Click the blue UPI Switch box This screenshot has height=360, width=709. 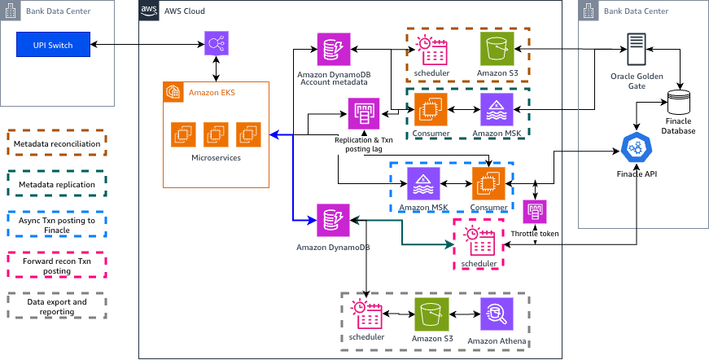coord(53,45)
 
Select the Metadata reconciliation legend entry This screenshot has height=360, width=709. coord(57,143)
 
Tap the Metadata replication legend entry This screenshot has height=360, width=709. coord(57,185)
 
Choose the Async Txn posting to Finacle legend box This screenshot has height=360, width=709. coord(57,225)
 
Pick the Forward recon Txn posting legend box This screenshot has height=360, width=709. coord(57,266)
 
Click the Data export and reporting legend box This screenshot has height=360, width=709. coord(57,306)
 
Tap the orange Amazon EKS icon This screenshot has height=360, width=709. coord(173,92)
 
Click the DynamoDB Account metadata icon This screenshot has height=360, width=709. coord(333,49)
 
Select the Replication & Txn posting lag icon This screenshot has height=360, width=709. coord(364,114)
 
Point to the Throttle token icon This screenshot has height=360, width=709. coord(535,212)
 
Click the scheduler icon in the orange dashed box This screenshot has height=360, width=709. coord(431,50)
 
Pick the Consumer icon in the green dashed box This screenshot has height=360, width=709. coord(431,109)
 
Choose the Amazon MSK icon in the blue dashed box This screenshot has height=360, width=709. coord(423,183)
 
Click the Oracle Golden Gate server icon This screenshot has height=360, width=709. coord(637,50)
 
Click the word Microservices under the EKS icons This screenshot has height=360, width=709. coord(216,157)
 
